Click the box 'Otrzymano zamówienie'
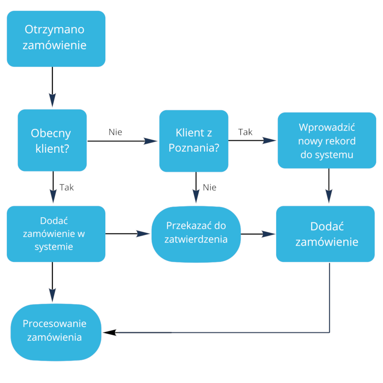[x=56, y=38]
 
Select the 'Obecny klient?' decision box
[x=52, y=140]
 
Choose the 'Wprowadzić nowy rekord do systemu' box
[x=327, y=140]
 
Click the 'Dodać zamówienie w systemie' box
[x=56, y=234]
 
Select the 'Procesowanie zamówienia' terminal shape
[x=56, y=332]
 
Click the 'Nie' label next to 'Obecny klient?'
[x=115, y=132]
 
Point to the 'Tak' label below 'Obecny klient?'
[x=67, y=187]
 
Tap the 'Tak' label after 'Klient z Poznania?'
[x=246, y=132]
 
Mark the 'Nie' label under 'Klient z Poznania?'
[x=210, y=187]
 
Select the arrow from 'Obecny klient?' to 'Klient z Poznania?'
[x=123, y=141]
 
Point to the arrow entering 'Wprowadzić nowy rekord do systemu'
[x=252, y=141]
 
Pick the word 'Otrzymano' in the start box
[x=54, y=29]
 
